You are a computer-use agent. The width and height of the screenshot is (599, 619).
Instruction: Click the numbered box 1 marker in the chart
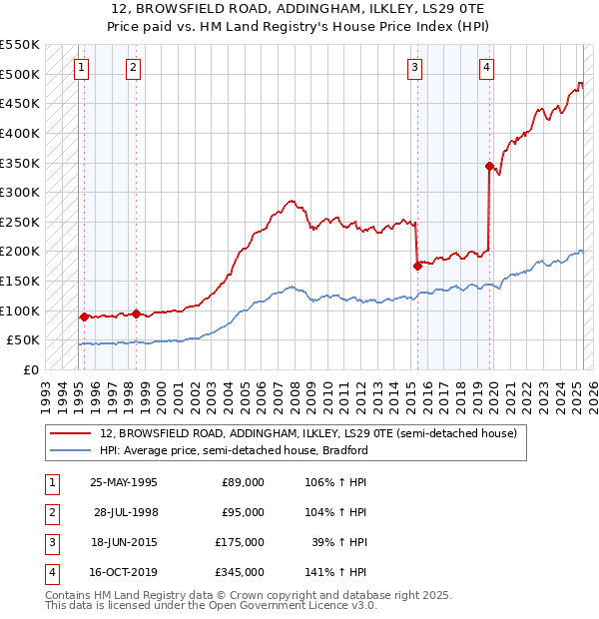81,68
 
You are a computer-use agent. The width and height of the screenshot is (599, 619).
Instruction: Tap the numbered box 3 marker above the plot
414,68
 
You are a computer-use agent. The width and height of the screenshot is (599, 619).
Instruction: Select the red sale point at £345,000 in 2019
489,166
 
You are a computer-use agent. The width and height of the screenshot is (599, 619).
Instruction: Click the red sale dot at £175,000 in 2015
417,266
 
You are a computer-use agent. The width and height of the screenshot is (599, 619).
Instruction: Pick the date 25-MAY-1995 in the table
124,482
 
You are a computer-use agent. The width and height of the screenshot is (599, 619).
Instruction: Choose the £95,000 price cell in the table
243,512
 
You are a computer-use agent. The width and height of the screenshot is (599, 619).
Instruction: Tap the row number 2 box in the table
50,512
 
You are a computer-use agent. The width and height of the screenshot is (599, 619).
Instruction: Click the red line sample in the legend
70,434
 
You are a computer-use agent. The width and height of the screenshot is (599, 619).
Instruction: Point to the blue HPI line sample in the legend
70,450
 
